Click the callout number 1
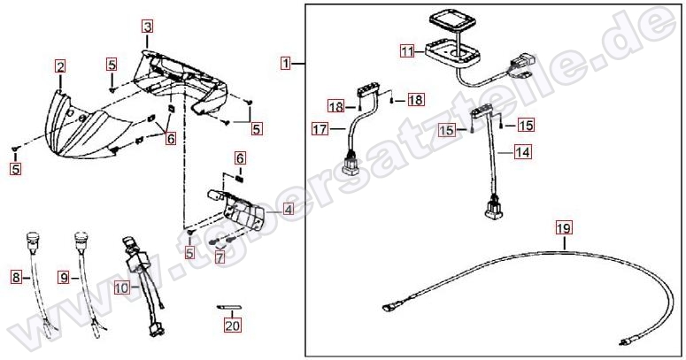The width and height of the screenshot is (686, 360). [286, 64]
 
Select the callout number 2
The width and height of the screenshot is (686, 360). [60, 67]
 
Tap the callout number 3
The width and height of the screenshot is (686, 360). [147, 27]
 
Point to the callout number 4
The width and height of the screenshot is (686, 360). [288, 210]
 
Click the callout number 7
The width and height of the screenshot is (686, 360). [220, 257]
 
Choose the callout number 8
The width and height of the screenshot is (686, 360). [16, 277]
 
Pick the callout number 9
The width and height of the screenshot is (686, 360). [64, 277]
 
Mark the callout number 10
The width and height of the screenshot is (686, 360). [122, 287]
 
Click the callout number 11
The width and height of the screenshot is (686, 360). [407, 51]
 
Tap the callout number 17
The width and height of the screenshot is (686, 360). [320, 129]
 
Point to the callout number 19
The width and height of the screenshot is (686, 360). [564, 228]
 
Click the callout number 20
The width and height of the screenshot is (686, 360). [233, 325]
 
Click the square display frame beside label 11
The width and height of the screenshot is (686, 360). [452, 55]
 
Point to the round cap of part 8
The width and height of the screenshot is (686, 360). [34, 237]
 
